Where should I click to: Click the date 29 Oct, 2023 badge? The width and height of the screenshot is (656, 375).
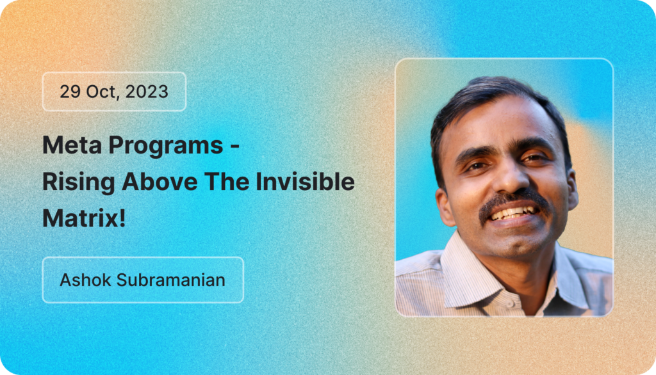(114, 92)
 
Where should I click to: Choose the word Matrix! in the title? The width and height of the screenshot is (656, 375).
(84, 218)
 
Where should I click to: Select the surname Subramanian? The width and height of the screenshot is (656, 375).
(171, 280)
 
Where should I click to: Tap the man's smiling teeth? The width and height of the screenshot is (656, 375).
(516, 212)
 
